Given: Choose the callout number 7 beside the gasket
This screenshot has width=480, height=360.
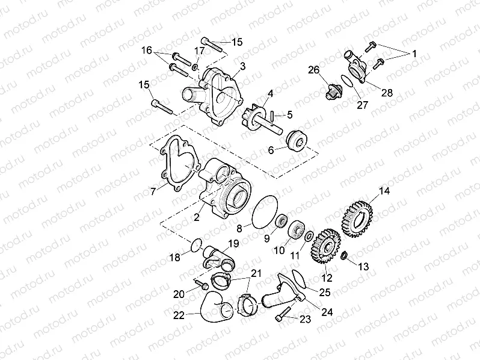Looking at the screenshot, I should click(x=153, y=190).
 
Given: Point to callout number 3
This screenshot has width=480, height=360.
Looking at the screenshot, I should click(x=242, y=64).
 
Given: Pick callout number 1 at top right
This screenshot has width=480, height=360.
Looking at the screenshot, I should click(x=412, y=54).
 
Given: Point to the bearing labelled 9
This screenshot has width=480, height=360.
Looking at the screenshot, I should click(x=280, y=222).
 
